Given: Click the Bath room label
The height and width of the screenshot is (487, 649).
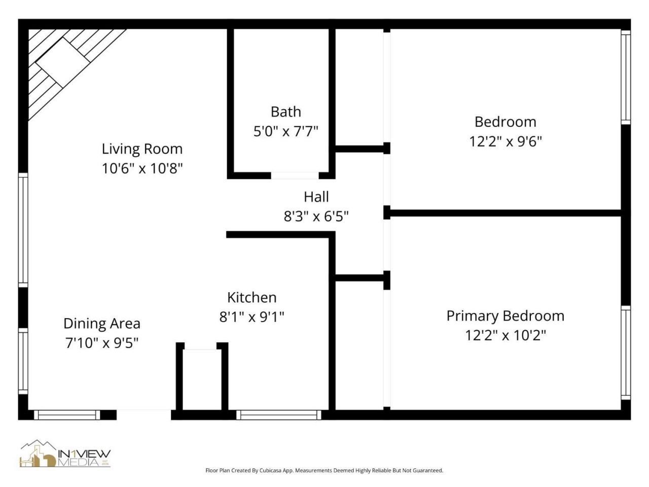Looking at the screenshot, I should pyautogui.click(x=285, y=112).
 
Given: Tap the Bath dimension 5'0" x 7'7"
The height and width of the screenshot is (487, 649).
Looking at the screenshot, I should pyautogui.click(x=285, y=131).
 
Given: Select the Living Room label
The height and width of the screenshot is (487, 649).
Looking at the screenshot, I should pyautogui.click(x=142, y=149).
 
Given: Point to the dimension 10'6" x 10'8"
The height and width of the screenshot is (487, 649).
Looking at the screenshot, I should pyautogui.click(x=142, y=168).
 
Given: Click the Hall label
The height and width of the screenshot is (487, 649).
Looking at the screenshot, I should pyautogui.click(x=316, y=197).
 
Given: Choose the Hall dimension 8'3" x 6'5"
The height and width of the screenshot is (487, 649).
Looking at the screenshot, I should pyautogui.click(x=316, y=217).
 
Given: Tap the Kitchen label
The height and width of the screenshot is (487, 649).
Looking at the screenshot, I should pyautogui.click(x=251, y=297).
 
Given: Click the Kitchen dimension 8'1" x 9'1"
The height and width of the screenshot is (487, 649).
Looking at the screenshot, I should pyautogui.click(x=251, y=317).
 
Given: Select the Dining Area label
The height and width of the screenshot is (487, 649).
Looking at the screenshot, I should pyautogui.click(x=102, y=324).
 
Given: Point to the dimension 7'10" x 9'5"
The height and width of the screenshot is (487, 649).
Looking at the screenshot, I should pyautogui.click(x=102, y=343).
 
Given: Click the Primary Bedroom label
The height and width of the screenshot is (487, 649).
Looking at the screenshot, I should pyautogui.click(x=505, y=316).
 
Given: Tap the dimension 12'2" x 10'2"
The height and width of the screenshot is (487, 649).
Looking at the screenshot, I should pyautogui.click(x=505, y=335).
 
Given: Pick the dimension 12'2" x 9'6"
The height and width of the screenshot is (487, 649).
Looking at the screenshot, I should pyautogui.click(x=505, y=141).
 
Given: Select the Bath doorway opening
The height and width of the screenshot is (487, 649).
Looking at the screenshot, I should pyautogui.click(x=295, y=176).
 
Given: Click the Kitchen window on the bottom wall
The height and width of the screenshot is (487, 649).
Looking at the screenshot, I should pyautogui.click(x=278, y=415).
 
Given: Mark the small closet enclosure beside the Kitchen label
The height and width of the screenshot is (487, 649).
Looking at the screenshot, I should pyautogui.click(x=201, y=378).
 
